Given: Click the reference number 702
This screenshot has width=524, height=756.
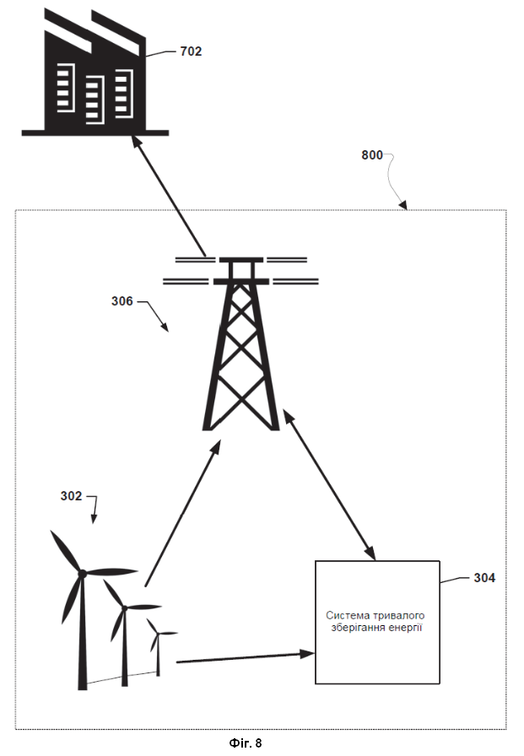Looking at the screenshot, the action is pos(191,51).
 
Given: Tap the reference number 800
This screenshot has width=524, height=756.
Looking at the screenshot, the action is pos(372,154).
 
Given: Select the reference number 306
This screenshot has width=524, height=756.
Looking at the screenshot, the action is pos(122,301).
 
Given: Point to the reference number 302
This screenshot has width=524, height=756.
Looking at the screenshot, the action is pos(71,495).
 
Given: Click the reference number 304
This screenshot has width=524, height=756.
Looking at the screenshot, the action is pos(484,578).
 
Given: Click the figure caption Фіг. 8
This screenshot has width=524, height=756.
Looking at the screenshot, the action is pos(246,743).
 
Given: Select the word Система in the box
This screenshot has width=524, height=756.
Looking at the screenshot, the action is pos(348,615).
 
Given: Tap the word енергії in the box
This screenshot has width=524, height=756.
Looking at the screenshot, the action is pos(407,628).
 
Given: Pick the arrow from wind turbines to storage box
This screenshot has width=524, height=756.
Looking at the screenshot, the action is pos(246,657).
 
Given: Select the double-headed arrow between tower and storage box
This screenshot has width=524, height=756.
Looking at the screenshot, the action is pos(329,484).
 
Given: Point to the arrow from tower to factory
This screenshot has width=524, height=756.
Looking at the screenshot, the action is pos(170,196).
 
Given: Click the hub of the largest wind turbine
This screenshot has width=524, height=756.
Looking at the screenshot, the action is pos(83,574).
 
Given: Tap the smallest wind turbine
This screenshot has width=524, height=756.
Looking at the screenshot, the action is pos(159,645).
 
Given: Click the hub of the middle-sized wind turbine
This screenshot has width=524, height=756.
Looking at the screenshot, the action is pos(125,608).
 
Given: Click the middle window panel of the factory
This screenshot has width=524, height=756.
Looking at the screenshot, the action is pos(94,100).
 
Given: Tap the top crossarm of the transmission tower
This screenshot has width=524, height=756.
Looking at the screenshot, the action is pos(241,259).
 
